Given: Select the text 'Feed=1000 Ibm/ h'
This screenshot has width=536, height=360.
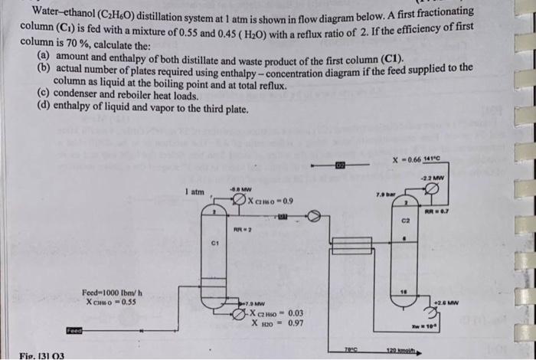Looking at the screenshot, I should coord(116,293).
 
